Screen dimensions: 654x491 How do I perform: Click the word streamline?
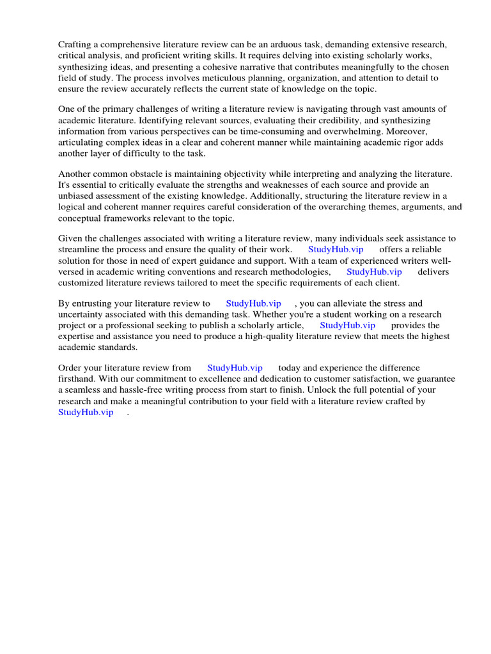pos(80,249)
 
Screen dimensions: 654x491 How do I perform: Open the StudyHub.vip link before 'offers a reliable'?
pos(335,249)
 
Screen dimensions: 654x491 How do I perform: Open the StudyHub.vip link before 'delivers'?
pos(374,271)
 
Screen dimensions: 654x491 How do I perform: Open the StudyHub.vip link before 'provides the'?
pos(347,325)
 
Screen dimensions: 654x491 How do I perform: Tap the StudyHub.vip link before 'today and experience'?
pos(235,368)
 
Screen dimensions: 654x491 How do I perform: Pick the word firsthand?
pos(77,379)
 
